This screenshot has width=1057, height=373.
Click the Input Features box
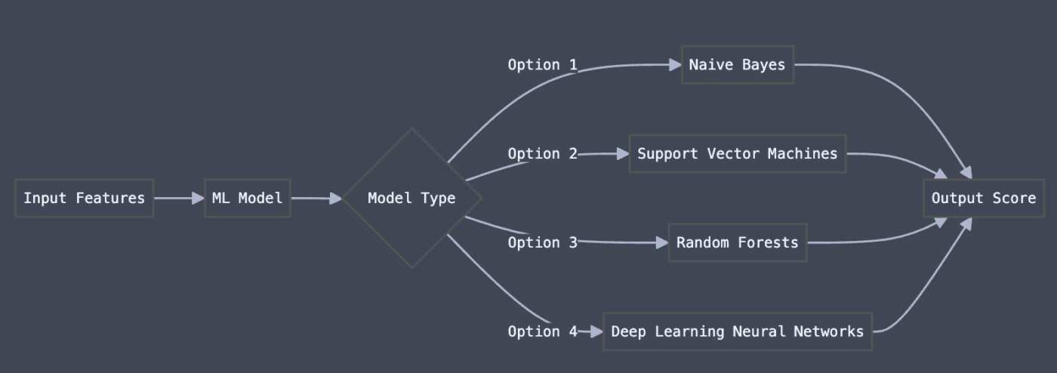pos(84,199)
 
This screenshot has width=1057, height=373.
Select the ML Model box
pos(247,199)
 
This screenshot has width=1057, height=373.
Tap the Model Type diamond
pos(411,199)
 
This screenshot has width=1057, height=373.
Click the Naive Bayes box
pos(737,65)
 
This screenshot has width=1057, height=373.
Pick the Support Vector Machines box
pos(737,154)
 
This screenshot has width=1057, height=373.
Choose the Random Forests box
pos(737,242)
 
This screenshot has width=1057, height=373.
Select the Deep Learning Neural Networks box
pos(737,331)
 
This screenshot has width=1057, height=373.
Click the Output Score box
pos(983,199)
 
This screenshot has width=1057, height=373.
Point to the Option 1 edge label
pos(542,65)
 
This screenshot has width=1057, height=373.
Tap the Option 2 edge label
pos(542,154)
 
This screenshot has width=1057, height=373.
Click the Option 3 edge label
pos(542,242)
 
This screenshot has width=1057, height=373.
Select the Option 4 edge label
pos(542,331)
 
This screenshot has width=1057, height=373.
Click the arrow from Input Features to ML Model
pos(179,199)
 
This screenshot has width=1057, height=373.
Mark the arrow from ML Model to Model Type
pos(316,199)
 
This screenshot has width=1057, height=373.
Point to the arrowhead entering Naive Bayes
pos(675,65)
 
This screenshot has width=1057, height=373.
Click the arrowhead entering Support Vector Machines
pos(623,154)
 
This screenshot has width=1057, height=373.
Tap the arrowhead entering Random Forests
pos(662,242)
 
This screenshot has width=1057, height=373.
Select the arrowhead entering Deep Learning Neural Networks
pos(596,331)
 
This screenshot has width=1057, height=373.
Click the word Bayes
pos(763,65)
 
